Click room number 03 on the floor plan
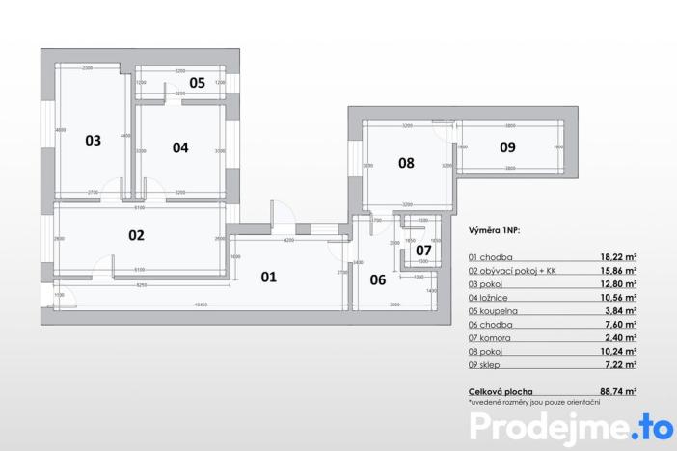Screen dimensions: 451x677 tap(93, 140)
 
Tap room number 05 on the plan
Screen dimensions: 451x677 tap(197, 83)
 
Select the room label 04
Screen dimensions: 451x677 tap(180, 147)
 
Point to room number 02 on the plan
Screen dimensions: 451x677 tap(136, 234)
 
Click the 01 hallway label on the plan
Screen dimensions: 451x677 tap(268, 277)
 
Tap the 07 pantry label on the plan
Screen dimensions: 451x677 tap(423, 251)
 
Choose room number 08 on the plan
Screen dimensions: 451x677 tap(406, 163)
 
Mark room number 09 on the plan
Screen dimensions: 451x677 tap(507, 147)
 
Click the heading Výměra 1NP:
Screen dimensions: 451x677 tap(498, 232)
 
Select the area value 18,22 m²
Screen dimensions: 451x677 tap(617, 258)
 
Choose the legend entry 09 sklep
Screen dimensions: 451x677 tap(489, 366)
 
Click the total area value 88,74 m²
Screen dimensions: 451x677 tap(617, 392)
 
